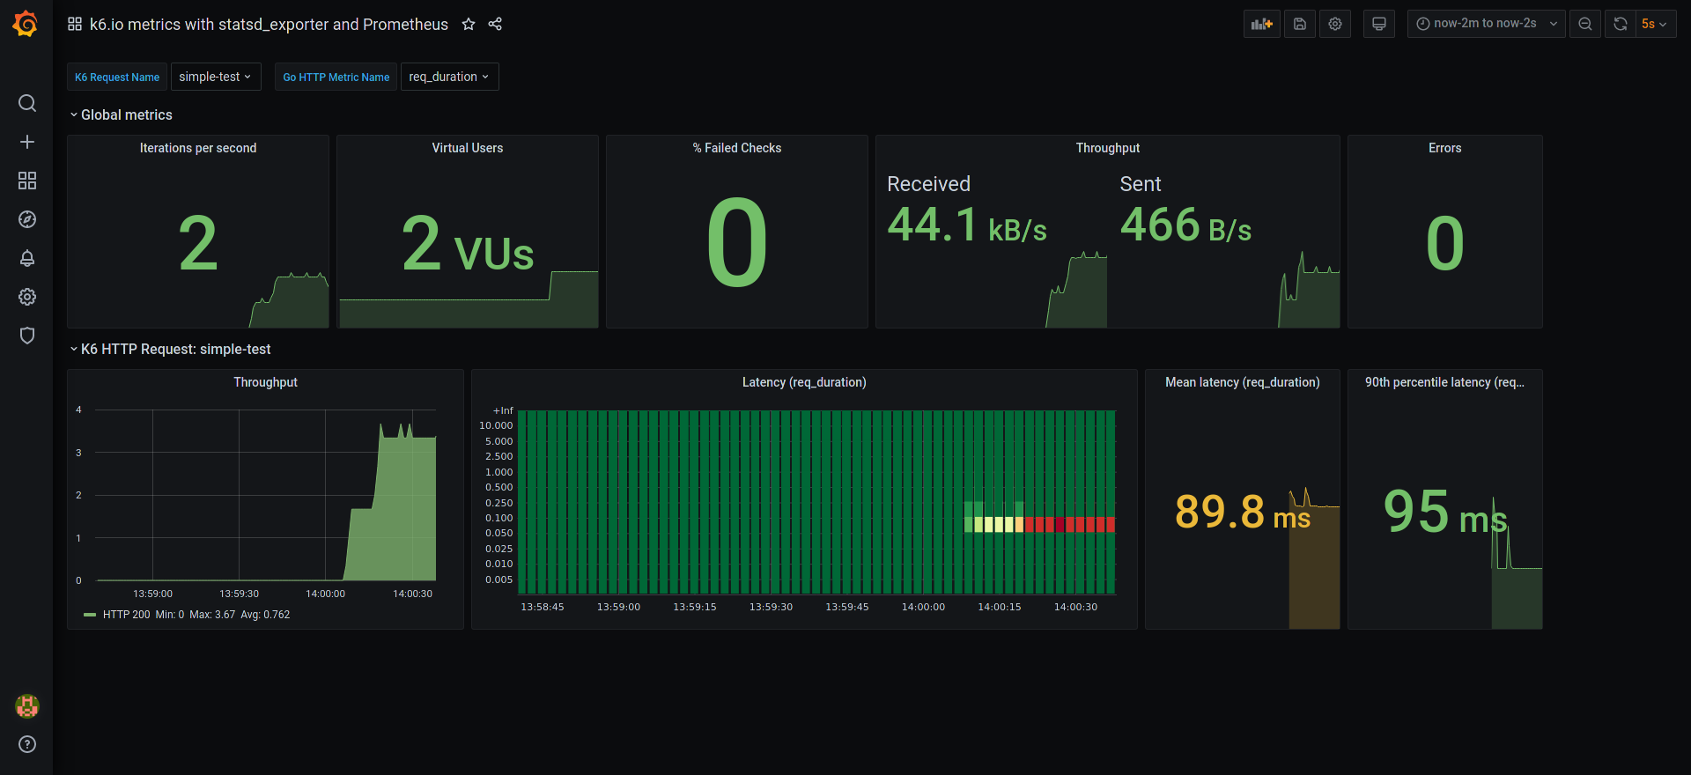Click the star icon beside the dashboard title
(x=469, y=25)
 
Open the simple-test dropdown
(x=215, y=77)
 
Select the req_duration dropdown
(x=449, y=77)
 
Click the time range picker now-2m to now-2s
(x=1485, y=24)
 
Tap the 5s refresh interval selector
(x=1653, y=24)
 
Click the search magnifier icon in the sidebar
(x=27, y=103)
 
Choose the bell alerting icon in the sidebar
(x=27, y=258)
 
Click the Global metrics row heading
(x=126, y=115)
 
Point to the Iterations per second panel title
(x=198, y=148)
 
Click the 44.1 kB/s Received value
(x=966, y=225)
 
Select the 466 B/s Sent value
(x=1185, y=225)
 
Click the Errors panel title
(x=1444, y=148)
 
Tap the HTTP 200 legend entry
(x=126, y=615)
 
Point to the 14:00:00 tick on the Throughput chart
(x=325, y=594)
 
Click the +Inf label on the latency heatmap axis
(x=504, y=410)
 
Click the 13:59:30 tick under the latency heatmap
(x=771, y=607)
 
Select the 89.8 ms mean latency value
(x=1242, y=513)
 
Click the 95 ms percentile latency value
(x=1444, y=513)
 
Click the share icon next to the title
(x=495, y=25)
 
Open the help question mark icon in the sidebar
(x=27, y=744)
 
